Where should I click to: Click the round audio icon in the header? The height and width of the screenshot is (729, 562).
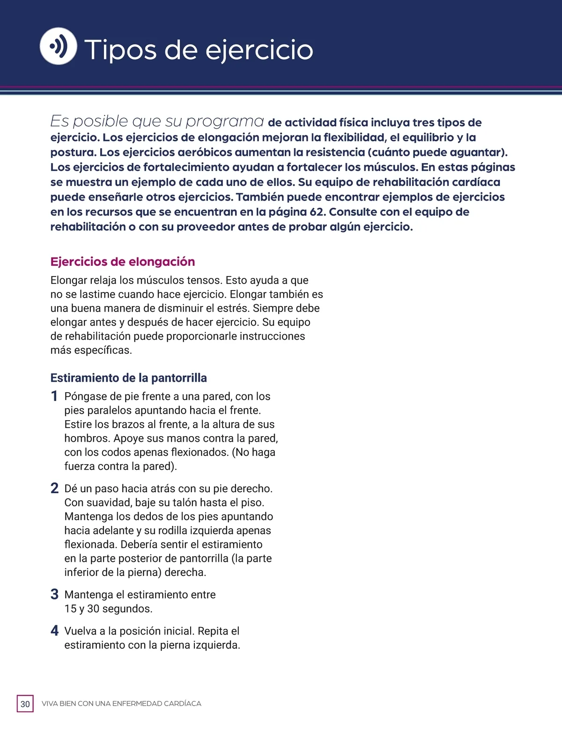coord(59,46)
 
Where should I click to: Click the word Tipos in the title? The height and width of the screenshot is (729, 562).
coord(120,50)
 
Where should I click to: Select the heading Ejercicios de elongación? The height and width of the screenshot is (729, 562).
coord(123,262)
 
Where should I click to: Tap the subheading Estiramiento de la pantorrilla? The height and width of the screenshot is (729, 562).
coord(128,378)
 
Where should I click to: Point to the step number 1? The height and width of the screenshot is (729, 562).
coord(54,396)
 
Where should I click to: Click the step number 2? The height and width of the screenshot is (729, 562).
coord(54,488)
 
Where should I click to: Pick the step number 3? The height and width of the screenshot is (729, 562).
coord(54,595)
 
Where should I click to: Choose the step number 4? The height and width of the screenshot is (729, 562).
coord(54,631)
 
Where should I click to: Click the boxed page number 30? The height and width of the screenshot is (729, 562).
coord(25,704)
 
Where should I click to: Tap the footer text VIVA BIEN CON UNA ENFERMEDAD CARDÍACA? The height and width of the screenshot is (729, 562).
coord(121,704)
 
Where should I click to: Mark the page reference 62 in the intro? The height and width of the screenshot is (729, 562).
coord(317,212)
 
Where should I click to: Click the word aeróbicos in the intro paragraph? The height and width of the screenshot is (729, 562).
coord(205,153)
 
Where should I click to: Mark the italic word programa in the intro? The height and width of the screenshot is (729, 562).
coord(225,121)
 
